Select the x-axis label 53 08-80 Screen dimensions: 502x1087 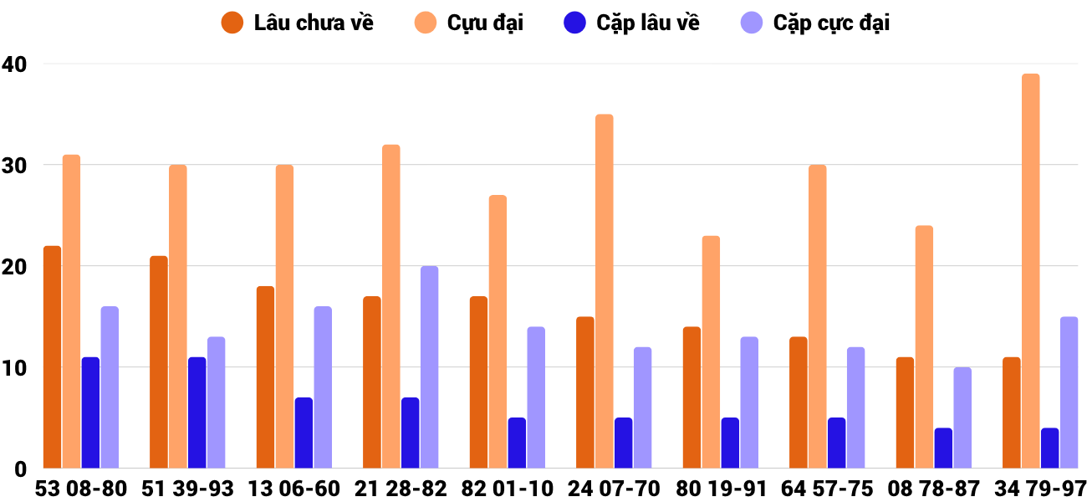pyautogui.click(x=80, y=489)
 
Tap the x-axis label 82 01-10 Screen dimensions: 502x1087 pyautogui.click(x=507, y=489)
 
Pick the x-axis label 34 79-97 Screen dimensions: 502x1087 pyautogui.click(x=1040, y=489)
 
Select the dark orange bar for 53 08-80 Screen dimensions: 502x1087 pyautogui.click(x=52, y=357)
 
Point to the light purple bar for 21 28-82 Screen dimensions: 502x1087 pyautogui.click(x=429, y=367)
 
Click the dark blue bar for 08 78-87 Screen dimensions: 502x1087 pyautogui.click(x=943, y=448)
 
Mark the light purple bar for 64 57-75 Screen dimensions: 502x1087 pyautogui.click(x=855, y=407)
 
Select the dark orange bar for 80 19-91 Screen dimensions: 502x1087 pyautogui.click(x=691, y=397)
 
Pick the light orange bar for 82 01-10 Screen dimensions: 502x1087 pyautogui.click(x=498, y=332)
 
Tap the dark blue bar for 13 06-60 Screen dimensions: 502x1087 pyautogui.click(x=304, y=433)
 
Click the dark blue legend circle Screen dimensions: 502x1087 pyautogui.click(x=575, y=23)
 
